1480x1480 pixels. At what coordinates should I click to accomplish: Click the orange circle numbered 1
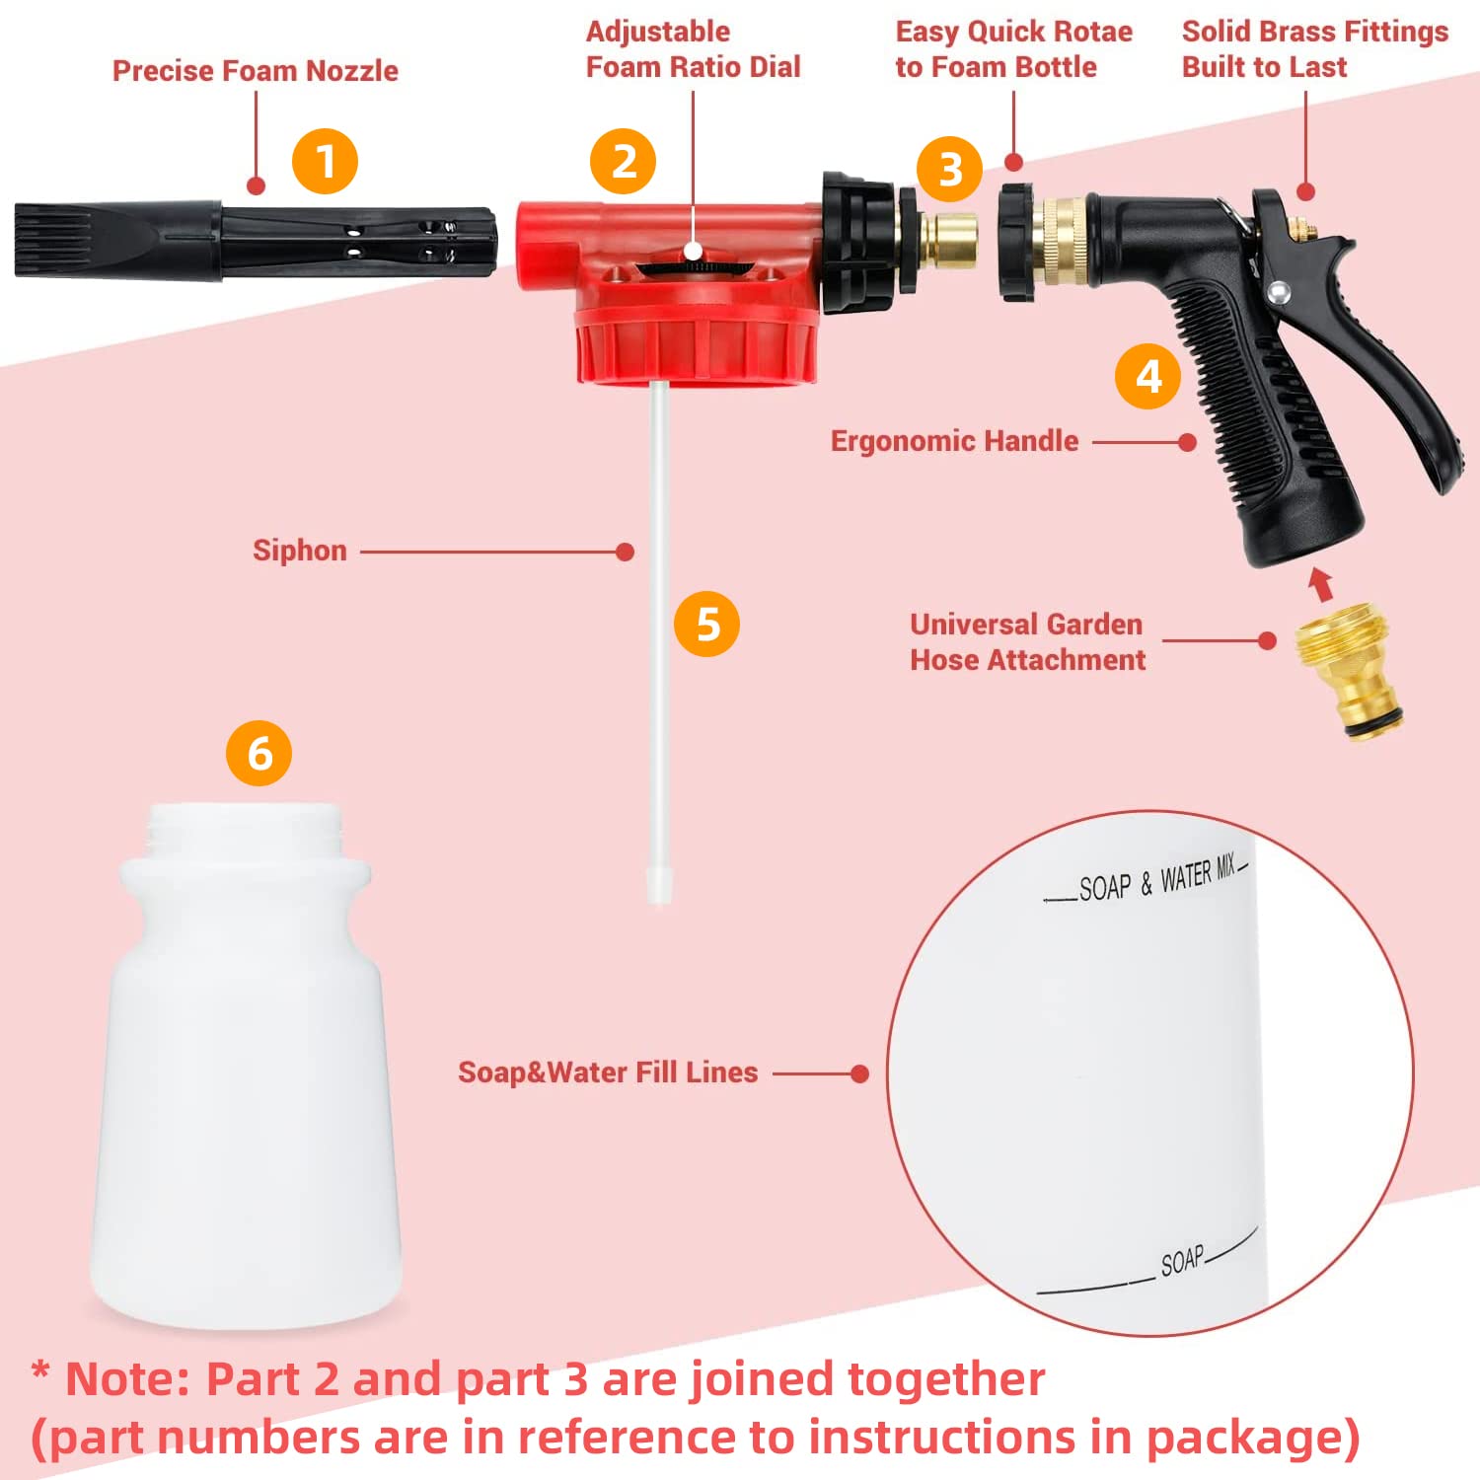pyautogui.click(x=325, y=162)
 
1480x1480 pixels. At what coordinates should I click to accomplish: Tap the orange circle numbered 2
pyautogui.click(x=623, y=162)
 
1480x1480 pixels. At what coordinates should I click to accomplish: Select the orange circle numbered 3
pyautogui.click(x=949, y=170)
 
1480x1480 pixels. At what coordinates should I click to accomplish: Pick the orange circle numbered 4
pyautogui.click(x=1147, y=377)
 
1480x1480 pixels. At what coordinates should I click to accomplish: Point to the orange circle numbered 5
pyautogui.click(x=706, y=624)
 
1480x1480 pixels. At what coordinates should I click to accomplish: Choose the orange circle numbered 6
pyautogui.click(x=259, y=754)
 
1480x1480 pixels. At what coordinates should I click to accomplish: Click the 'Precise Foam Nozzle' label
pyautogui.click(x=255, y=71)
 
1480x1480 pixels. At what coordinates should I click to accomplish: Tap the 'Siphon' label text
pyautogui.click(x=299, y=551)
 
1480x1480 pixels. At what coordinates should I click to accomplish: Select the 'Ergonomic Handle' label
pyautogui.click(x=954, y=441)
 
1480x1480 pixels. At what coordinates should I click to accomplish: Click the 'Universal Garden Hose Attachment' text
pyautogui.click(x=1027, y=642)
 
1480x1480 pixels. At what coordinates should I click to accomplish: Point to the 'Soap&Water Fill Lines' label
pyautogui.click(x=608, y=1073)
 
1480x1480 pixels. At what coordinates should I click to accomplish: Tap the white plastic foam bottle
pyautogui.click(x=247, y=1085)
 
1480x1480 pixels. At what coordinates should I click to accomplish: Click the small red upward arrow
pyautogui.click(x=1320, y=584)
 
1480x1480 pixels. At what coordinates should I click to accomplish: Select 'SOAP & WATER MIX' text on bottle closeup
pyautogui.click(x=1155, y=879)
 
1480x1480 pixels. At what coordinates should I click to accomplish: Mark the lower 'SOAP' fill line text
pyautogui.click(x=1181, y=1260)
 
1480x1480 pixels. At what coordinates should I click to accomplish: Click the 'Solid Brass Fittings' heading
pyautogui.click(x=1314, y=32)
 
